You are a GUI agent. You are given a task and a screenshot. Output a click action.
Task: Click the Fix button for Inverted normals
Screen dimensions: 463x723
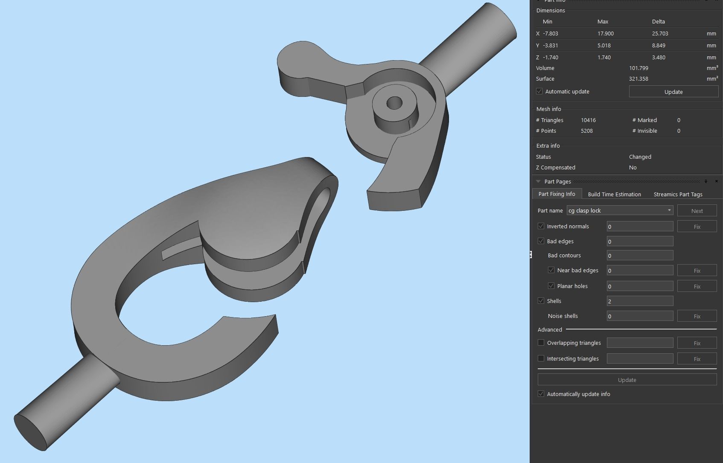coord(697,227)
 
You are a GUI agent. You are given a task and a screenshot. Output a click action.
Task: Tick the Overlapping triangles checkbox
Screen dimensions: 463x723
coord(541,343)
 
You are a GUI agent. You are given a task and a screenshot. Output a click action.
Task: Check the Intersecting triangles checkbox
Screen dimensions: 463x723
coord(541,358)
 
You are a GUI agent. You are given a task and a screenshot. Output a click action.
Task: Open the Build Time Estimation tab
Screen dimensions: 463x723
coord(614,194)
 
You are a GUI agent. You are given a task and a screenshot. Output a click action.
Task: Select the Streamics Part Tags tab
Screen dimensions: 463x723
coord(678,194)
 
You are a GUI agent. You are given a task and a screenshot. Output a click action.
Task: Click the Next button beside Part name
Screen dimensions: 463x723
coord(697,211)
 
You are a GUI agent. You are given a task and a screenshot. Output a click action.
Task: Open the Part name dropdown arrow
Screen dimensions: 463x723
coord(669,210)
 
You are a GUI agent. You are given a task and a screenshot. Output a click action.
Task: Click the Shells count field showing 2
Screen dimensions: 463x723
coord(639,301)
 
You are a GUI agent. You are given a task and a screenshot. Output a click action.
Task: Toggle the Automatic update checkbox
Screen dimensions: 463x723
coord(539,91)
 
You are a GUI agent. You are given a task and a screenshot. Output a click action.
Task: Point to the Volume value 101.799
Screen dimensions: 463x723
coord(638,68)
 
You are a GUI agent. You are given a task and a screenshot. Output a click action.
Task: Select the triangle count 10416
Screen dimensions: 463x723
coord(588,120)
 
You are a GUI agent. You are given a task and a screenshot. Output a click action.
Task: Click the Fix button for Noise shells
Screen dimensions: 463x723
coord(697,316)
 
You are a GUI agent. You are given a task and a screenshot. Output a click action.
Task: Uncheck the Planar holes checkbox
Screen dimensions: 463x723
coord(551,286)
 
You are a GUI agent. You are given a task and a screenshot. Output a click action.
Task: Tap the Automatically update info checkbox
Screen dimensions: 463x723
coord(541,394)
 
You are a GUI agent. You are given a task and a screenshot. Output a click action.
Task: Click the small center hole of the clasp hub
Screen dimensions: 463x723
coord(394,103)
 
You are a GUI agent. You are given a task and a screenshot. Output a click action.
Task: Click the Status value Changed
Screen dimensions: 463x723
coord(640,157)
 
